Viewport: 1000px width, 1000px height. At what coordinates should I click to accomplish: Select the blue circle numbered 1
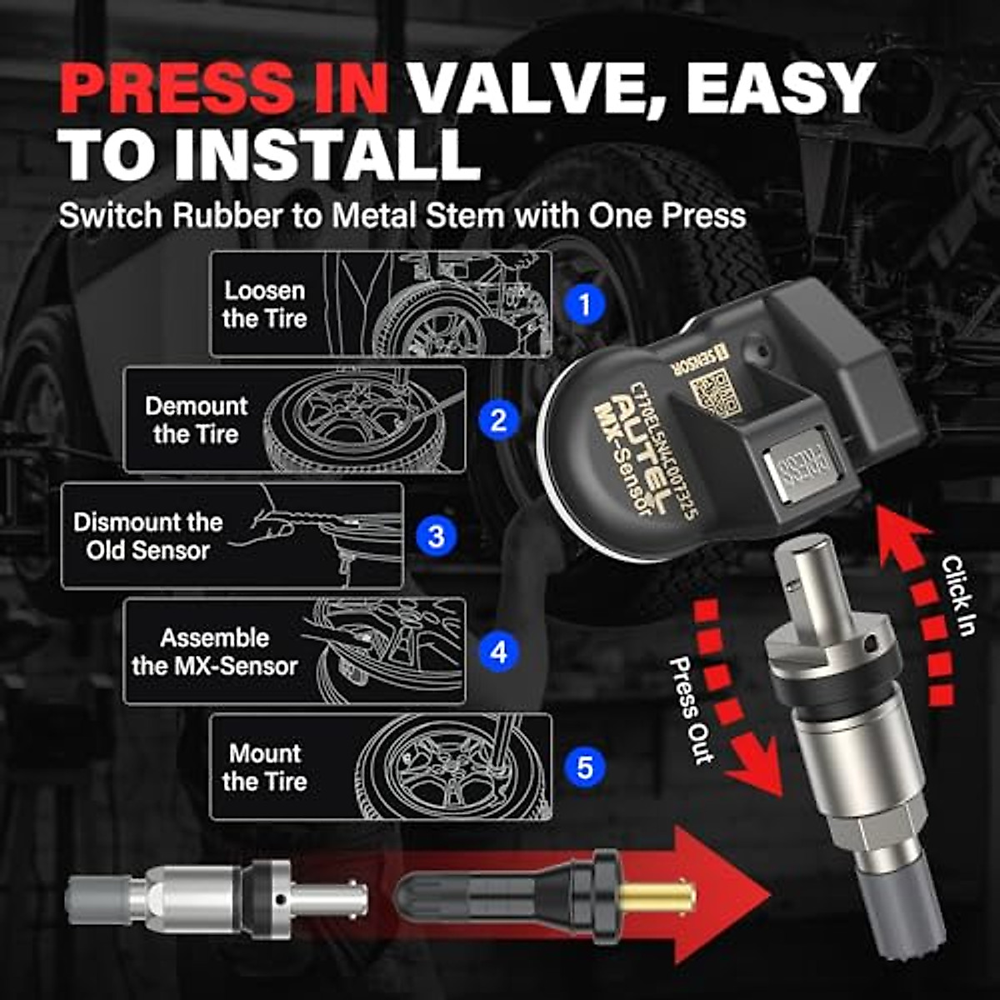pos(584,304)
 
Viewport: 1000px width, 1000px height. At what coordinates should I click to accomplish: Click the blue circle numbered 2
pos(497,419)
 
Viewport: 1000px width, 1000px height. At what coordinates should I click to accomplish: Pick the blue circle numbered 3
pos(436,536)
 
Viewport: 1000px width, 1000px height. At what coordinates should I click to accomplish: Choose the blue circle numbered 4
pos(497,651)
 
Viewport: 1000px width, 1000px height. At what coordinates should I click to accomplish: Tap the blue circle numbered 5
pos(584,766)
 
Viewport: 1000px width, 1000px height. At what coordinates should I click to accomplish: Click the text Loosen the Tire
pos(264,304)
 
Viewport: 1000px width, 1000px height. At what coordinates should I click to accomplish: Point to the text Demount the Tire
pos(196,419)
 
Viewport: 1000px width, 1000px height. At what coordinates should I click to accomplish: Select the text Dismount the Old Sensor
pos(147,536)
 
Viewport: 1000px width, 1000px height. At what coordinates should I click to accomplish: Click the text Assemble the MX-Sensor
pos(214,652)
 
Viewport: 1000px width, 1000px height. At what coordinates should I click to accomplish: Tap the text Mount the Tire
pos(265,767)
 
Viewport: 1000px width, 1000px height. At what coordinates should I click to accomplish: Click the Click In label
pos(958,596)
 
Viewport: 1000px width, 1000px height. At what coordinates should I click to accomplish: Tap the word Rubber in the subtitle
pos(227,217)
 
